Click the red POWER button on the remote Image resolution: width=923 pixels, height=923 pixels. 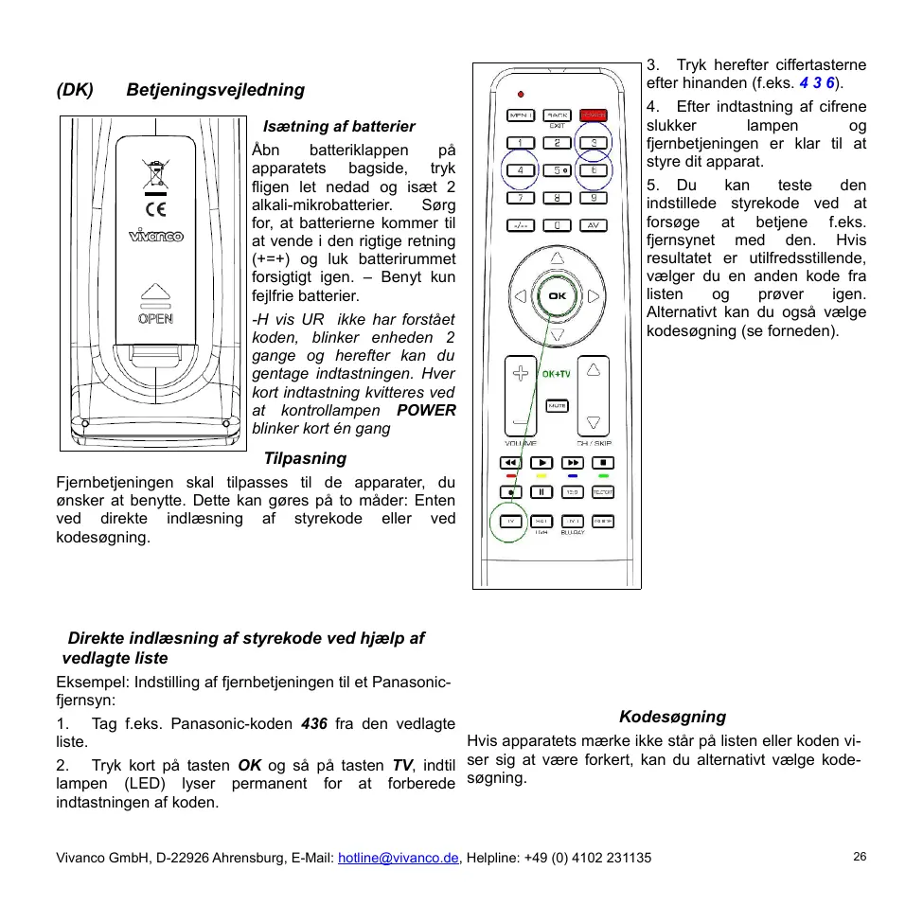click(x=594, y=115)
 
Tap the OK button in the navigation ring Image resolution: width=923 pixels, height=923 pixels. click(x=557, y=296)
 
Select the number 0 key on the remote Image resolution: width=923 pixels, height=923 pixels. click(x=558, y=225)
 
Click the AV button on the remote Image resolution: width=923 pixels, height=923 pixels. click(x=594, y=225)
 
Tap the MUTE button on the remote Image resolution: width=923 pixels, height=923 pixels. click(x=557, y=405)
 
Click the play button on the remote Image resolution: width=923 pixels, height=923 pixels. click(x=541, y=463)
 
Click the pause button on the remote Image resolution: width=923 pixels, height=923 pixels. click(x=541, y=491)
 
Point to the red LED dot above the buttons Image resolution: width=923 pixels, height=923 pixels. click(x=521, y=94)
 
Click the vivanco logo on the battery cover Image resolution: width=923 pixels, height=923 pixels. click(x=156, y=236)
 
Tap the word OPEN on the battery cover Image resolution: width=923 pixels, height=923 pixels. click(x=155, y=319)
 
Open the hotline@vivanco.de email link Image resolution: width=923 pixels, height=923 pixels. click(x=399, y=858)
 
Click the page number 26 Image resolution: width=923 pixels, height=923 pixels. click(x=860, y=857)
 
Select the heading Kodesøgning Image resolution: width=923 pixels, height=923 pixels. click(x=673, y=717)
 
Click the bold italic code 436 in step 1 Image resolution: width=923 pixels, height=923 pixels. click(x=313, y=723)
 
